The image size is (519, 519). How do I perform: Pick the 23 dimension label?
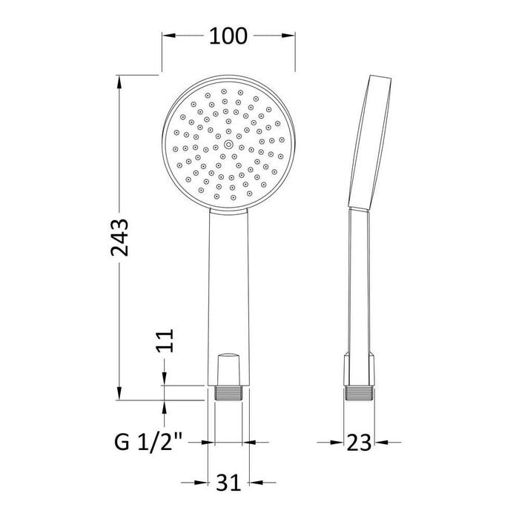pyautogui.click(x=359, y=443)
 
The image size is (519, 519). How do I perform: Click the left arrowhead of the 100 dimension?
pyautogui.click(x=168, y=36)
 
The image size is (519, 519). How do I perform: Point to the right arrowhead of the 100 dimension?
pyautogui.click(x=291, y=36)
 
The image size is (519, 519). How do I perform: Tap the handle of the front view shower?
pyautogui.click(x=229, y=282)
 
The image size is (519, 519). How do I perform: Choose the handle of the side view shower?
pyautogui.click(x=357, y=282)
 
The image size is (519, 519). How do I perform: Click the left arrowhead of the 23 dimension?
pyautogui.click(x=340, y=443)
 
